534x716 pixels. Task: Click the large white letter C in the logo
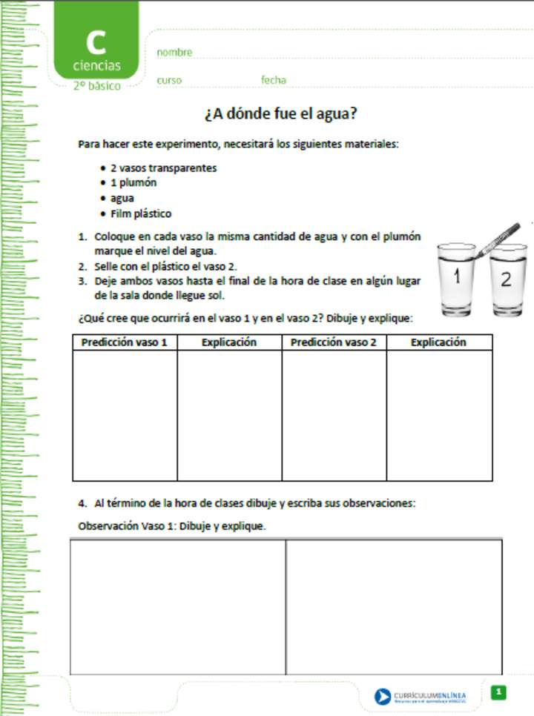[96, 42]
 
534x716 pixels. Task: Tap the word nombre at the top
[174, 53]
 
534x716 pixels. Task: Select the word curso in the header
[169, 80]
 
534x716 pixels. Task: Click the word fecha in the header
[273, 80]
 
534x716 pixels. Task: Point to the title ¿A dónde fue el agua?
[281, 115]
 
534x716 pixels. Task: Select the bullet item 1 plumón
[133, 182]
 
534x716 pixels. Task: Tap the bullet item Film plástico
[141, 213]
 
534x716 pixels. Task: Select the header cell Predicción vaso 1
[125, 342]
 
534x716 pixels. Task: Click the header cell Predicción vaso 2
[334, 342]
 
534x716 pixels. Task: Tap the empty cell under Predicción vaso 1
[125, 415]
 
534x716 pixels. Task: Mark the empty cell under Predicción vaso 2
[334, 415]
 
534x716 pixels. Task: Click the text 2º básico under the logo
[96, 86]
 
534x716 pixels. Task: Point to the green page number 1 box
[499, 692]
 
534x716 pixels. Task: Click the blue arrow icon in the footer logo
[382, 696]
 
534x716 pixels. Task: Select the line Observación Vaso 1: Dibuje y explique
[172, 526]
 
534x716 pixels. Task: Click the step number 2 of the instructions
[82, 266]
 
